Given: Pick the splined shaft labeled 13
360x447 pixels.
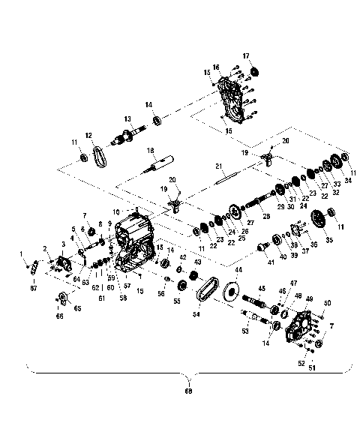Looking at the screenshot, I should (127, 138).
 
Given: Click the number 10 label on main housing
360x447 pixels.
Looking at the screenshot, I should (115, 212).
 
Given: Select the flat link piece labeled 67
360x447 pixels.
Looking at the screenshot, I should (33, 278).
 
